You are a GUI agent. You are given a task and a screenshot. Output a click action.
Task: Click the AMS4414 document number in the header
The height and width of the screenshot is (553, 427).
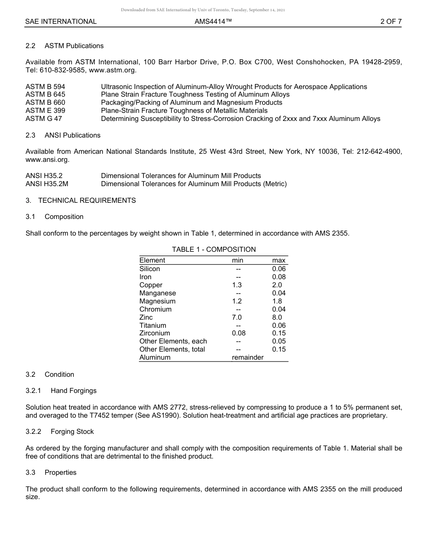[213, 21]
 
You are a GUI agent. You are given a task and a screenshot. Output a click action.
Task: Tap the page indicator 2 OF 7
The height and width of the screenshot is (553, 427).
[391, 21]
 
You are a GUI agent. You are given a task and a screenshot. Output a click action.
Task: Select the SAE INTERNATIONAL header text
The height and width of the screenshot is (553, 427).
[61, 21]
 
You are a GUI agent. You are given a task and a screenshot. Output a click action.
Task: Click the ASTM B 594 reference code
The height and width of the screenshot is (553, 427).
[45, 87]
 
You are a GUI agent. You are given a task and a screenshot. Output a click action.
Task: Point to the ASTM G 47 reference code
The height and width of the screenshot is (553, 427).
[44, 119]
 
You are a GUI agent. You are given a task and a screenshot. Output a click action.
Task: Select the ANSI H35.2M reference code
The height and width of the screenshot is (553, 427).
[47, 184]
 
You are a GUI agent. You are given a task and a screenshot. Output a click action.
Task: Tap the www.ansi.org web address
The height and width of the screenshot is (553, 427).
[48, 160]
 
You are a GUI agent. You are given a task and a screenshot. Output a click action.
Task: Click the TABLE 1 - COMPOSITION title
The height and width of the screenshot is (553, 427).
[213, 250]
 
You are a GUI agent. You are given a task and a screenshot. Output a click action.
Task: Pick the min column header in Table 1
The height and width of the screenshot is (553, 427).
[237, 260]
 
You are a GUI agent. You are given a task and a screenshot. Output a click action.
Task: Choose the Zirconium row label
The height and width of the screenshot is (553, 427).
[155, 333]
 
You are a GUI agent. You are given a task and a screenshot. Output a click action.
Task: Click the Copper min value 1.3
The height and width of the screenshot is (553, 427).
[237, 285]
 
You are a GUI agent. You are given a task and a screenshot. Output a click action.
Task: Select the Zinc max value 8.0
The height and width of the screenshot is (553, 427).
[277, 317]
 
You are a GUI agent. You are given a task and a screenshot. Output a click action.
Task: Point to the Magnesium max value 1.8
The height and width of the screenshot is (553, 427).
[277, 301]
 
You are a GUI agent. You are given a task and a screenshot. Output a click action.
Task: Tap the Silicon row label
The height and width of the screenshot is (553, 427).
[150, 269]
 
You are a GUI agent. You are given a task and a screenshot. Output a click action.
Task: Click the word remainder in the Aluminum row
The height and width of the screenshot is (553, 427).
[247, 357]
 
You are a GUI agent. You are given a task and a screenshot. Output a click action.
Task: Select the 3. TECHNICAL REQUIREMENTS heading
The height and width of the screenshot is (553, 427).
[80, 201]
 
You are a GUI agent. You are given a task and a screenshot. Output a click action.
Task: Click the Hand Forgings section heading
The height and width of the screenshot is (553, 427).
[73, 391]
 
